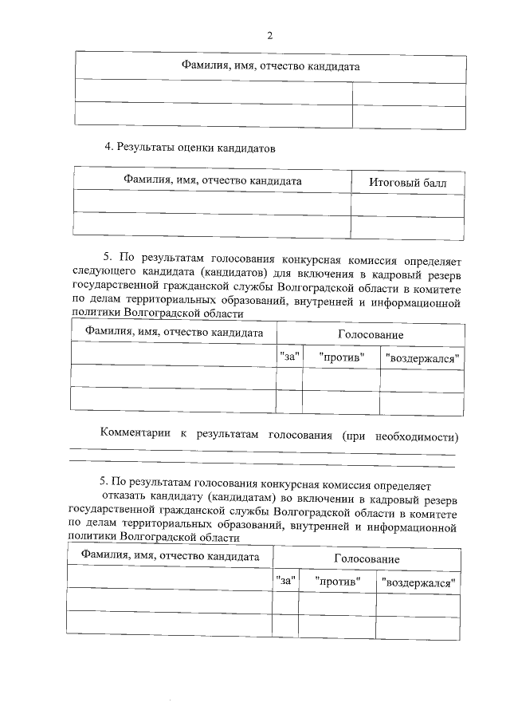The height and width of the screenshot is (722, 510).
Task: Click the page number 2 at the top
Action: pos(269,35)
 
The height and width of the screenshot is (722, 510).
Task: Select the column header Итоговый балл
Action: pos(407,183)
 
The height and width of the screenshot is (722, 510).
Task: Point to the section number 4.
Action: pos(108,147)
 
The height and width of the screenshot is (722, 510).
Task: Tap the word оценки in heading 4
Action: pos(206,147)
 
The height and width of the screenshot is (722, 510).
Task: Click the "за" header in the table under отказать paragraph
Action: pos(285,582)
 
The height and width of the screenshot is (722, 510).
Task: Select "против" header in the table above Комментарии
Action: pos(341,358)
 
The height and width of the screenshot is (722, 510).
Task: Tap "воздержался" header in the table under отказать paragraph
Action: pos(418,583)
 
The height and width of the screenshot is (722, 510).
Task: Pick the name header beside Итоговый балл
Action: pos(212,181)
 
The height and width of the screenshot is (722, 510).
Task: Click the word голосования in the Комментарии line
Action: pos(303,435)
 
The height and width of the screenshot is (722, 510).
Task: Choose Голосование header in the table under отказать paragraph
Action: pos(366,559)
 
